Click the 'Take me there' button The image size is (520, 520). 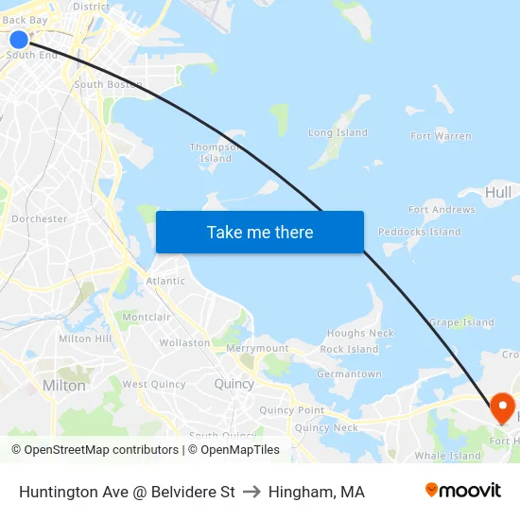[260, 233]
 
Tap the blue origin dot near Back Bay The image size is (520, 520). [19, 39]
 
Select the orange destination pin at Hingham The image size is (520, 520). [502, 408]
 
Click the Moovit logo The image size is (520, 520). [462, 491]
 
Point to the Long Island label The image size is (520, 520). [338, 133]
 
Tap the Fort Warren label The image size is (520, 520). [441, 136]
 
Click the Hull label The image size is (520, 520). [497, 193]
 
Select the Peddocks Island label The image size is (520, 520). [419, 232]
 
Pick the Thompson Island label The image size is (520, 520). [215, 152]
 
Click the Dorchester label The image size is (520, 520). [39, 218]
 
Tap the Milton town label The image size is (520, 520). [64, 386]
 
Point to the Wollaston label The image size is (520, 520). [184, 343]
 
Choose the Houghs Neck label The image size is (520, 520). [360, 334]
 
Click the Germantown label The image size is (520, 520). [350, 374]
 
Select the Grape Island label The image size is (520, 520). [461, 322]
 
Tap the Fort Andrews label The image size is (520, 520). [442, 210]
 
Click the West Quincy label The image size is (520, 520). [153, 385]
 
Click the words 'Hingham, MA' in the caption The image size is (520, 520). [316, 492]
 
